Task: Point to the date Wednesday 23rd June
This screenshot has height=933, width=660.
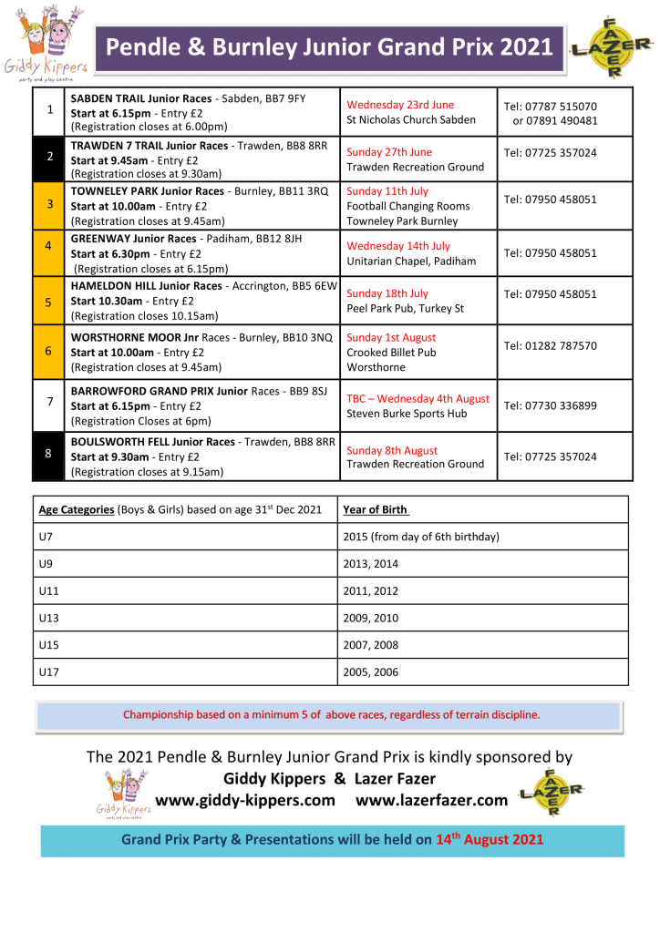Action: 400,105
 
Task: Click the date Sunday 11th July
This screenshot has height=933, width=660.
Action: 387,191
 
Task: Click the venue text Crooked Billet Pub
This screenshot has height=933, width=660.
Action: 391,353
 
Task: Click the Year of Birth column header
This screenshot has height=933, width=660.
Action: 376,509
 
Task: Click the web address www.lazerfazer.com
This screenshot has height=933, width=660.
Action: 431,800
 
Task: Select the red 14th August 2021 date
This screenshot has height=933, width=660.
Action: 490,839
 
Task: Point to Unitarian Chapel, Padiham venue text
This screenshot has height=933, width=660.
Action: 411,261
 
